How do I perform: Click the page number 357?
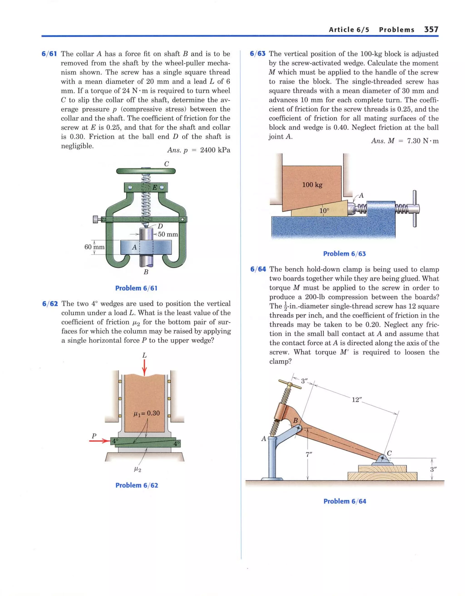tap(431, 30)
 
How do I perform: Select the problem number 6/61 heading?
tap(49, 54)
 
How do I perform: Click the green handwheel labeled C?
tap(146, 171)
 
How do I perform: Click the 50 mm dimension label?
tap(168, 234)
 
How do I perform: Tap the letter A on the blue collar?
tap(134, 247)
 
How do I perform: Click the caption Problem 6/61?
tap(136, 288)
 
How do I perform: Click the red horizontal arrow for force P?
tap(99, 441)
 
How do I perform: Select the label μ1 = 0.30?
tap(146, 413)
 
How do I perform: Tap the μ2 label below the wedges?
tap(138, 469)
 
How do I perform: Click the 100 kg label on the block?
tap(312, 185)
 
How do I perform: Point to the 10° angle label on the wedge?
tap(324, 211)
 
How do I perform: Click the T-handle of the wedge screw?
tap(414, 209)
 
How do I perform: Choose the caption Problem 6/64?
tap(344, 501)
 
